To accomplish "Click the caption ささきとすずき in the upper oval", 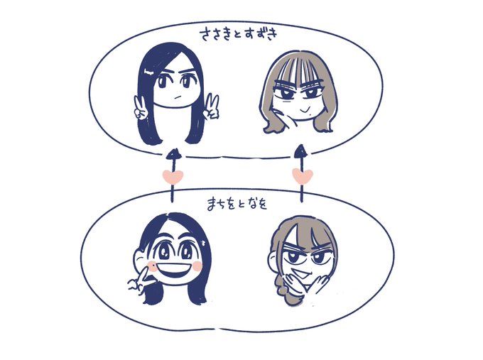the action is [241, 33].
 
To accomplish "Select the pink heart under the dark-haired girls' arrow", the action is [173, 175].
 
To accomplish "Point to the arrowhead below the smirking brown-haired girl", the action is [301, 151].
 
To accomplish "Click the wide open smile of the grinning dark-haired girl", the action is [173, 271].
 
